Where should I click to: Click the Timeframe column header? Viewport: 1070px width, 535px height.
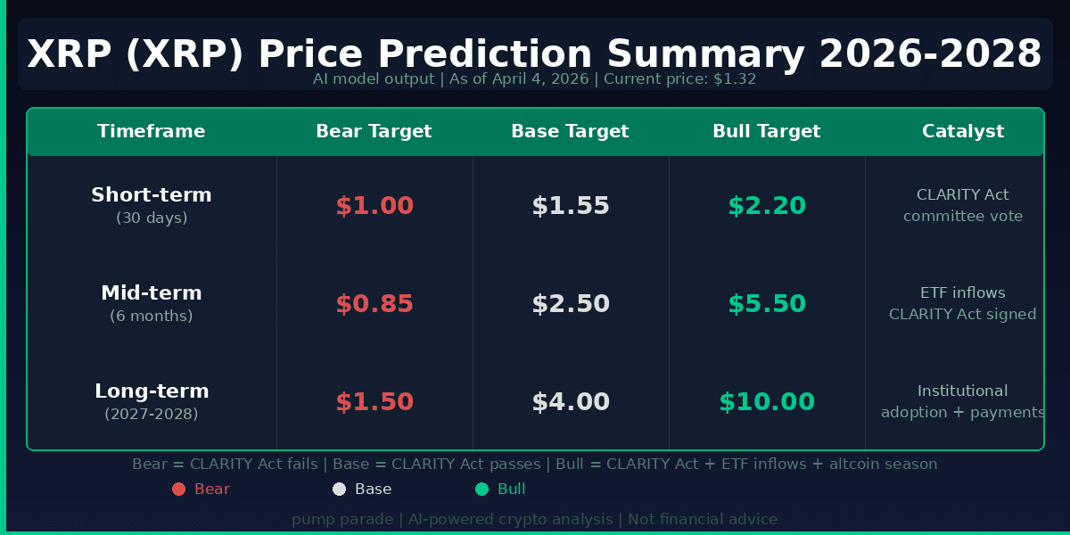(x=152, y=131)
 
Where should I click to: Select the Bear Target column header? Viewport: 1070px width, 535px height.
(x=374, y=131)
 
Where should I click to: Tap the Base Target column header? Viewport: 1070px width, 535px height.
(x=570, y=131)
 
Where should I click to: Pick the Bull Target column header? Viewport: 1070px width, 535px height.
(x=767, y=131)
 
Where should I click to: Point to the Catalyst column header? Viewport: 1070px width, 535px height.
(x=963, y=131)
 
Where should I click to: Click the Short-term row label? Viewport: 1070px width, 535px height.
(x=152, y=195)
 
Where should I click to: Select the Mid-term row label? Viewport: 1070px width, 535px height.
(x=152, y=293)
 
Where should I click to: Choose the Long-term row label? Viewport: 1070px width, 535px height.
(x=152, y=391)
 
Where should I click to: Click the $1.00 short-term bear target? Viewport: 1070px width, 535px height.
(x=374, y=206)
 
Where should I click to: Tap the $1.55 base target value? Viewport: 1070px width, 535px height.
(x=571, y=206)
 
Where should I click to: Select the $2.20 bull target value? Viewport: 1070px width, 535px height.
(x=767, y=206)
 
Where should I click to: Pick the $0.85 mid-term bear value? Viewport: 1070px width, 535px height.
(x=374, y=304)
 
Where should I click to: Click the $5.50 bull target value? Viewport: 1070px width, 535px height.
(x=767, y=304)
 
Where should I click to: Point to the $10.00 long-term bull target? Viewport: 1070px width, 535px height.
(x=767, y=402)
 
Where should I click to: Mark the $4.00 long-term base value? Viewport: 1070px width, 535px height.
(x=571, y=402)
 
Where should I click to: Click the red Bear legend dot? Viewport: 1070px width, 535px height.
(x=178, y=489)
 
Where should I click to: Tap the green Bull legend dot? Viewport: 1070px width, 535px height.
(x=481, y=489)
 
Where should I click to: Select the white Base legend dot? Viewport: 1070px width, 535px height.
(x=339, y=489)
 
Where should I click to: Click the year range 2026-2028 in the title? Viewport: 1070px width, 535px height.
(x=930, y=53)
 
